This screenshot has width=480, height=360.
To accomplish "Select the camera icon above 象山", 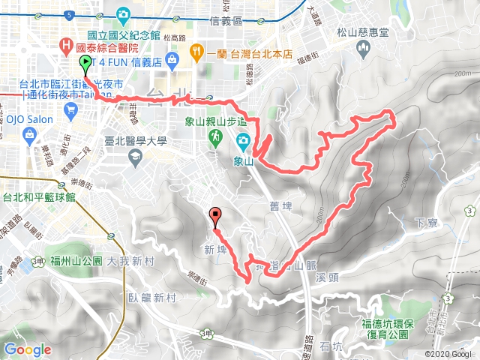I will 244,139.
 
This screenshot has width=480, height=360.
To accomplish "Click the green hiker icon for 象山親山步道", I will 215,137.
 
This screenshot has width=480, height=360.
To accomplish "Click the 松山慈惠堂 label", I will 363,33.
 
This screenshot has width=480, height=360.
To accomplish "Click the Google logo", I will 27,349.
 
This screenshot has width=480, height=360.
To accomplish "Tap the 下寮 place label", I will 425,223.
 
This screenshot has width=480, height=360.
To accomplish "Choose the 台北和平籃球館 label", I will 39,199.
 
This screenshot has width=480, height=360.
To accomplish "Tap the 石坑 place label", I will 330,346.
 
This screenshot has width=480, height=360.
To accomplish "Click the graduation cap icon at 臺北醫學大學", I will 136,156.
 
